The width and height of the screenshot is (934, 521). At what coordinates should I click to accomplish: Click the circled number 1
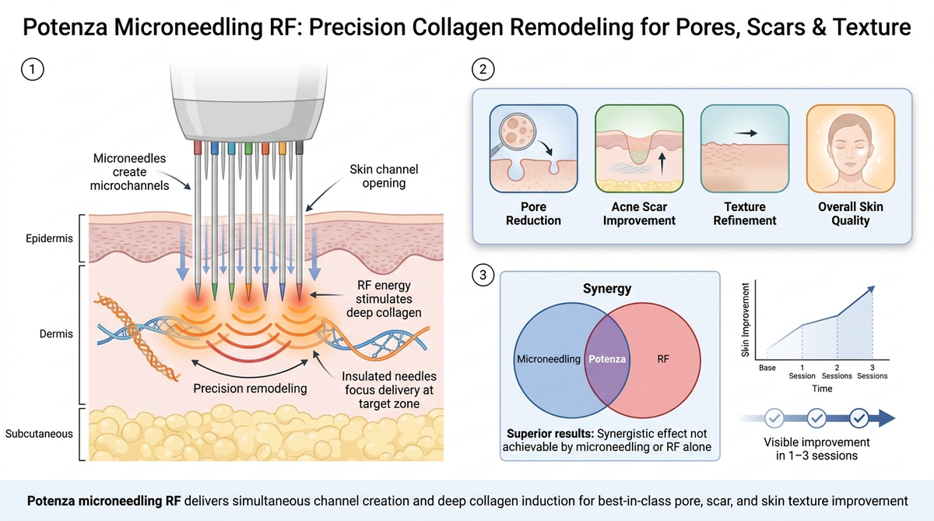(33, 69)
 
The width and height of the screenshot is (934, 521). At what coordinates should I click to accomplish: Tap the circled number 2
(483, 69)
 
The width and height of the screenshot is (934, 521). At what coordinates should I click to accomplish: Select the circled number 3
(483, 275)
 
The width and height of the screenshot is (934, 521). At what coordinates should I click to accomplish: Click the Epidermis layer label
(49, 238)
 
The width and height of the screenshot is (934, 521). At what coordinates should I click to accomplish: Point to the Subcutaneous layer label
(39, 434)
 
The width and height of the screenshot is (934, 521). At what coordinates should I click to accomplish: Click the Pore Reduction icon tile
(533, 149)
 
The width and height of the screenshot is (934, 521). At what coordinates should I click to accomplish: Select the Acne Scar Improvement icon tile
(639, 149)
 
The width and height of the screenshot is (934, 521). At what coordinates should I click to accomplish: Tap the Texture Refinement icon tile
(745, 149)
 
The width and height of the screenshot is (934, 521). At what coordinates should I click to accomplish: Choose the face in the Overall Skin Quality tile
(850, 150)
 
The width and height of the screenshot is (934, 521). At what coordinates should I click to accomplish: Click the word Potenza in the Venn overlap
(606, 359)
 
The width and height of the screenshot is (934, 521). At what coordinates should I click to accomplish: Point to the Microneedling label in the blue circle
(548, 359)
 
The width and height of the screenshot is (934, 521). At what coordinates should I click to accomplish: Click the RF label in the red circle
(663, 359)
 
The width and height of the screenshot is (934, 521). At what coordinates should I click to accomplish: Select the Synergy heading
(606, 289)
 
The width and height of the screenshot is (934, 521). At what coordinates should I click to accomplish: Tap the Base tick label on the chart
(767, 368)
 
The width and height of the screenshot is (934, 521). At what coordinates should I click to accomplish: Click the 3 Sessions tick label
(872, 371)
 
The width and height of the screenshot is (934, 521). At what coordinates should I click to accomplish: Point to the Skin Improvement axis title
(745, 320)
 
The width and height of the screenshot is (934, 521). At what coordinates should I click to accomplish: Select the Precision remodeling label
(250, 389)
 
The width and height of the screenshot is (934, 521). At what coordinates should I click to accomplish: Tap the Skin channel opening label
(384, 176)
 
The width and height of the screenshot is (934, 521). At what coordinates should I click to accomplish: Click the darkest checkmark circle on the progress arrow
(859, 418)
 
